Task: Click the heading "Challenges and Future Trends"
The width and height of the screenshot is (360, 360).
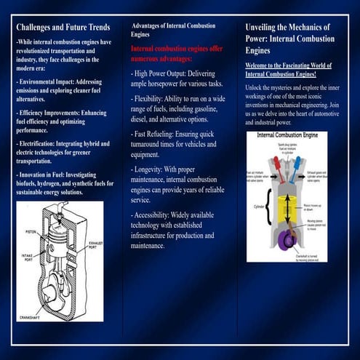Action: pyautogui.click(x=63, y=28)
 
